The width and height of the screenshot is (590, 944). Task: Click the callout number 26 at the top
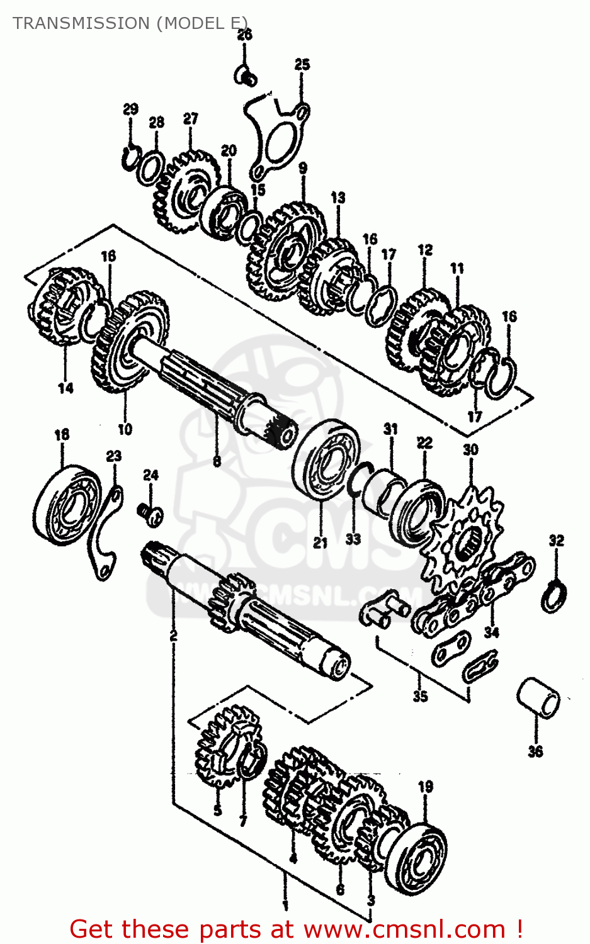coord(244,35)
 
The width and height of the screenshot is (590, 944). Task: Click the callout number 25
coord(302,65)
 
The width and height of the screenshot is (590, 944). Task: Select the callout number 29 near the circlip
coord(130,110)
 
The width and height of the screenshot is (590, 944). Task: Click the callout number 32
coord(556,541)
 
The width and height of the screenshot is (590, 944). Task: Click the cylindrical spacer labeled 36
coord(538,697)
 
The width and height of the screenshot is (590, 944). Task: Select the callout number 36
coord(535,751)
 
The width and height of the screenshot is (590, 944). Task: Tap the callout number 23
coord(113,456)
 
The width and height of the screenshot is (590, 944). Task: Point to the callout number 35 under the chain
coord(420,696)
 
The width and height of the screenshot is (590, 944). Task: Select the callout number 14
coord(66,388)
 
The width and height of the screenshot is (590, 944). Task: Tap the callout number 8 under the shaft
coord(217,461)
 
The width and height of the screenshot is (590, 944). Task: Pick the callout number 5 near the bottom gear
coord(217,810)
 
